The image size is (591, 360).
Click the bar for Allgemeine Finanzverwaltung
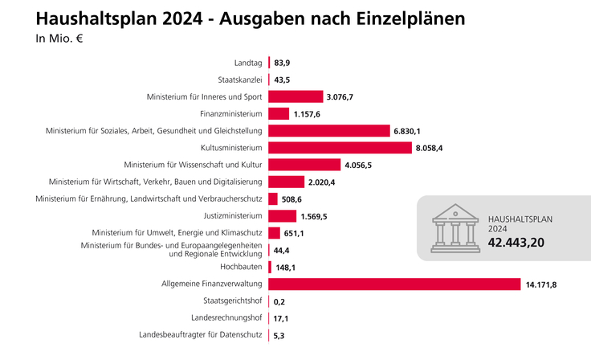[x=395, y=284]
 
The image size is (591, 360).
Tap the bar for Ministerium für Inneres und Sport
[x=295, y=96]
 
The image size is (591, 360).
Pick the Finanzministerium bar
[x=279, y=114]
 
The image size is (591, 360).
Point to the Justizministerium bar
[x=283, y=215]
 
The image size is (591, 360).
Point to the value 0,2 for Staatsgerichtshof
[x=280, y=301]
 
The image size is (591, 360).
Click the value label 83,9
[x=282, y=63]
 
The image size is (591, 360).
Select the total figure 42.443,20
[x=527, y=240]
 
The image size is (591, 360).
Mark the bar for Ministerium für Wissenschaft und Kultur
[x=306, y=165]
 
